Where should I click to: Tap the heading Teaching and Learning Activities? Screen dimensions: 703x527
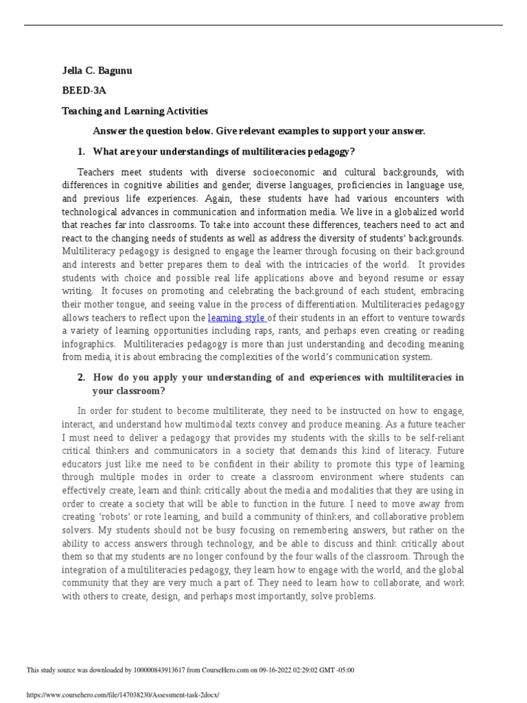pos(135,111)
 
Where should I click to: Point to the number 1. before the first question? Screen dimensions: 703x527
pos(82,151)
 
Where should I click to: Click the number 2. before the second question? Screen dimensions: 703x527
pos(82,377)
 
